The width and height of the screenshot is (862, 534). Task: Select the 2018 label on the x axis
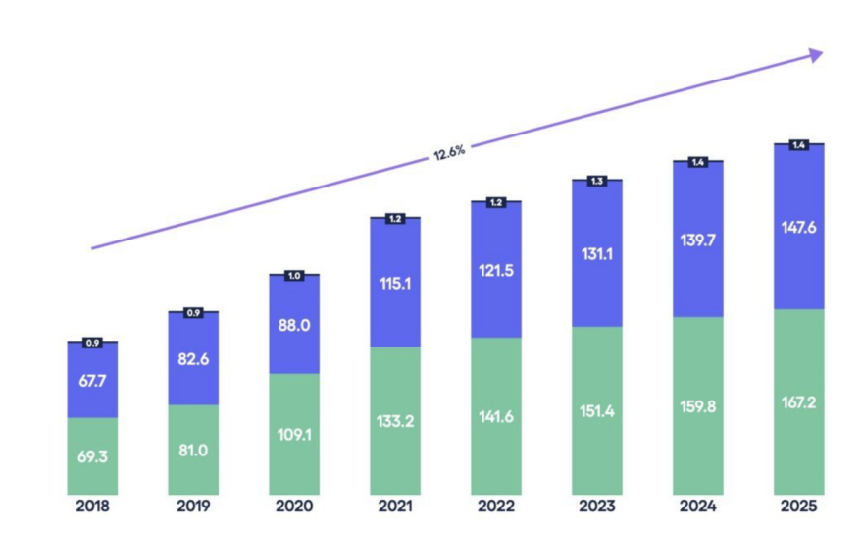pyautogui.click(x=92, y=507)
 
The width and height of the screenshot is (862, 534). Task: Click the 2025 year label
pyautogui.click(x=797, y=507)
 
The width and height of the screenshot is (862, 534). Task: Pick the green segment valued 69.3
pyautogui.click(x=92, y=456)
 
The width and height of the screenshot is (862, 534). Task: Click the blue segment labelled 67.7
pyautogui.click(x=92, y=380)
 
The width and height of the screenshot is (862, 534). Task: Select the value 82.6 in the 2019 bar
pyautogui.click(x=193, y=359)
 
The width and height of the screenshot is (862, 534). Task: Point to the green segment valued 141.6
pyautogui.click(x=495, y=416)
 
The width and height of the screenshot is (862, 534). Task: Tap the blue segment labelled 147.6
pyautogui.click(x=798, y=228)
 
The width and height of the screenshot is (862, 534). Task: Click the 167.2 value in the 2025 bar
pyautogui.click(x=798, y=402)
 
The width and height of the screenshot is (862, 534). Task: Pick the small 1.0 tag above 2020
pyautogui.click(x=294, y=276)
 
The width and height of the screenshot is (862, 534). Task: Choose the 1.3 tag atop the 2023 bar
pyautogui.click(x=596, y=181)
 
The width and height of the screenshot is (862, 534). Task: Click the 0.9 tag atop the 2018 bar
pyautogui.click(x=92, y=343)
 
